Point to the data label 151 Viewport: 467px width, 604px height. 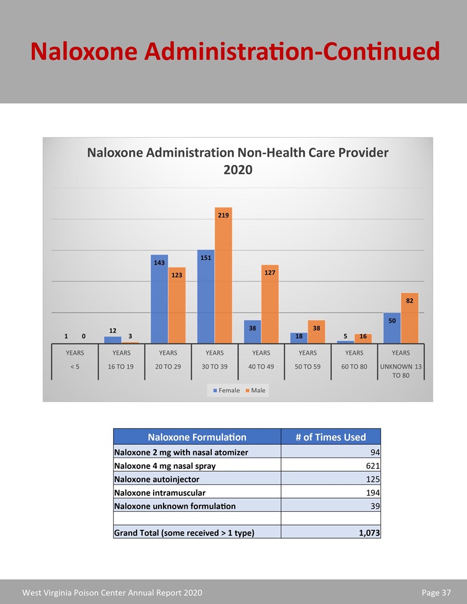click(206, 257)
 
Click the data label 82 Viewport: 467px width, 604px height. click(409, 301)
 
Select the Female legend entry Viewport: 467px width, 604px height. click(226, 390)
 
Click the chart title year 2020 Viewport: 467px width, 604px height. click(238, 170)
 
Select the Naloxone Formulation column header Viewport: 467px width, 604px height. click(197, 437)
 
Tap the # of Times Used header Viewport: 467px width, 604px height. click(330, 437)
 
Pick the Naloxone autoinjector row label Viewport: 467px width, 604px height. click(156, 479)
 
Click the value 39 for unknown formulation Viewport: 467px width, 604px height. click(375, 506)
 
